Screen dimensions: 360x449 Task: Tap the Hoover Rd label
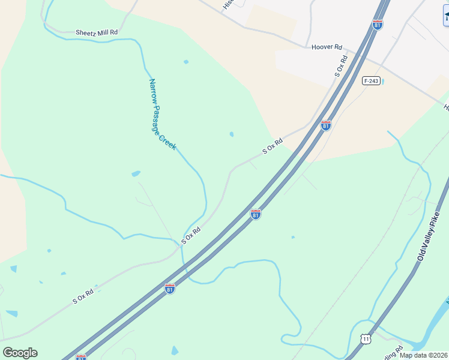(x=327, y=47)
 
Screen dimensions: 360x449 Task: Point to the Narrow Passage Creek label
(x=162, y=114)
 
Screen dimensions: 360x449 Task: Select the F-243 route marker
(x=371, y=80)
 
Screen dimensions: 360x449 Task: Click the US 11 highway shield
(x=366, y=339)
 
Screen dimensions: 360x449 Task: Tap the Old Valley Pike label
(x=429, y=236)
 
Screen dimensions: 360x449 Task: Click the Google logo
(x=20, y=353)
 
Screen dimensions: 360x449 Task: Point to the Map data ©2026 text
(x=424, y=355)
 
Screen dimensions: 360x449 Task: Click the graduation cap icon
(x=445, y=16)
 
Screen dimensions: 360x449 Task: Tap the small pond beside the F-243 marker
(x=382, y=80)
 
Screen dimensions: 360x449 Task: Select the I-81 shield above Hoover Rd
(x=377, y=25)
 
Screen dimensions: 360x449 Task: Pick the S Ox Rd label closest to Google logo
(x=83, y=295)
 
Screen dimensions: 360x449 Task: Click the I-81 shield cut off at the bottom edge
(x=81, y=357)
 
